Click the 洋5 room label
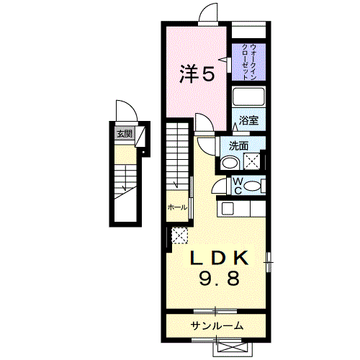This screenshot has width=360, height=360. [x=197, y=73]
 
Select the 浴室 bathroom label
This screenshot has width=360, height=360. [x=249, y=120]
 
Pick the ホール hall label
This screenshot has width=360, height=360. [x=177, y=207]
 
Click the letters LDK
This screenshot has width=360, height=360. [x=219, y=258]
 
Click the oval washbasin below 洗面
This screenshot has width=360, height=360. [x=230, y=163]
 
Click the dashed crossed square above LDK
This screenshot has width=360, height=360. [x=179, y=235]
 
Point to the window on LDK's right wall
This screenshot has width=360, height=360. [x=270, y=262]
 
